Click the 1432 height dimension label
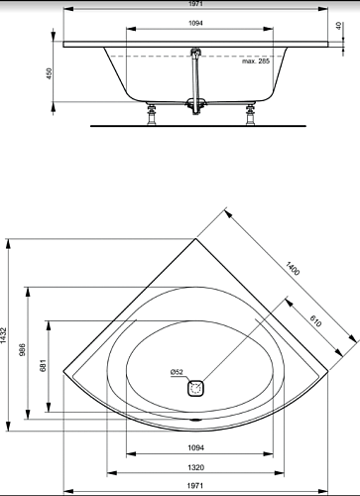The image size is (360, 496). (x=3, y=335)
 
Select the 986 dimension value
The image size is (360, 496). (x=23, y=350)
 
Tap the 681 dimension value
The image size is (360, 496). (x=44, y=365)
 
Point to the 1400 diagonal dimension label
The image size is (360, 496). (x=293, y=268)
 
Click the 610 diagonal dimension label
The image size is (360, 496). (x=315, y=320)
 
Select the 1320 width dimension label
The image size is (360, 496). (x=196, y=467)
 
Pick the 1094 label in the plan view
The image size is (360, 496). (x=196, y=447)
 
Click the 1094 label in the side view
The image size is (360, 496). (x=195, y=23)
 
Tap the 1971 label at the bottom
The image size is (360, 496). (x=195, y=486)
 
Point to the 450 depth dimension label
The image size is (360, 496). (x=50, y=73)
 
